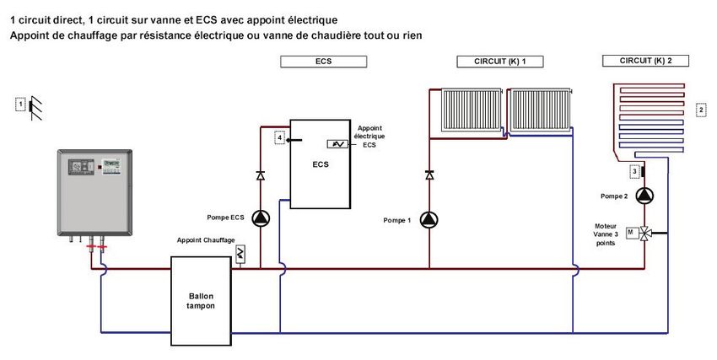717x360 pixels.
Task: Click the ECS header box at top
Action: (323, 62)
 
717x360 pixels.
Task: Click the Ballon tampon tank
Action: (201, 301)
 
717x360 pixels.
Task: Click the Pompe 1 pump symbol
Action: (429, 220)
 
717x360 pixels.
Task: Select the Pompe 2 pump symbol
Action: (645, 196)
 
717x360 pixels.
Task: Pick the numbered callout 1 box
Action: (20, 104)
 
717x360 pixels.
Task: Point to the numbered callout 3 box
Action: (633, 172)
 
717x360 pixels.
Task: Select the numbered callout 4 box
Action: (280, 138)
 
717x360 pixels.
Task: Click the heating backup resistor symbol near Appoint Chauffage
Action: (240, 253)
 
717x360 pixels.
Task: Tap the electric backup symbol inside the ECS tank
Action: (337, 144)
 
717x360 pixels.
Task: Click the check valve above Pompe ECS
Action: (260, 175)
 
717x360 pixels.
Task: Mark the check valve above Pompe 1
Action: (429, 175)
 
